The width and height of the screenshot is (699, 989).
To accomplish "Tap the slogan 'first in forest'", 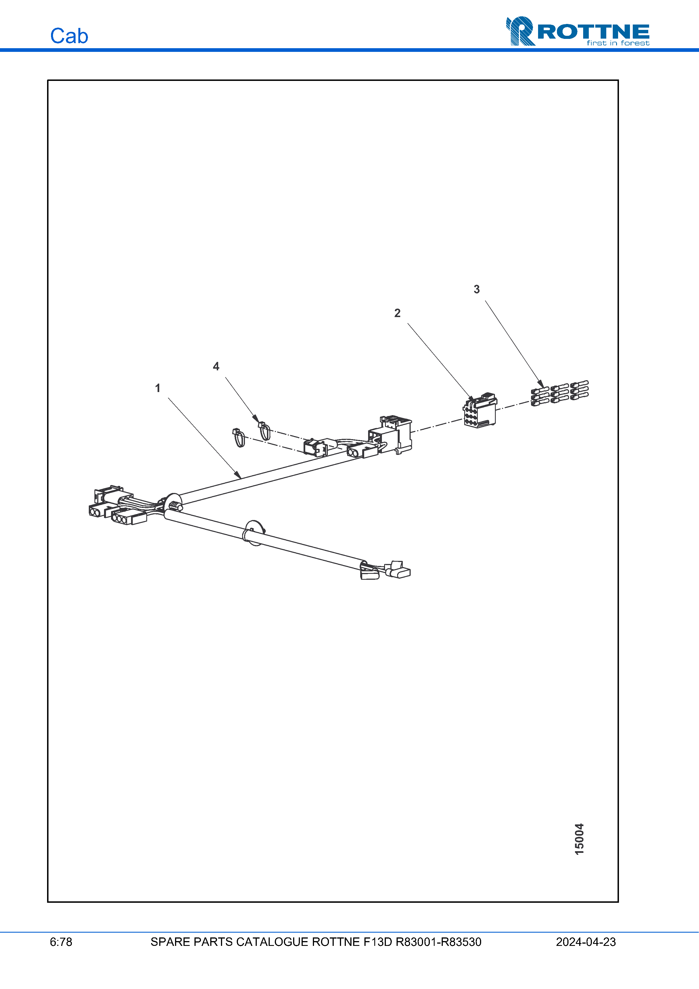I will pos(618,43).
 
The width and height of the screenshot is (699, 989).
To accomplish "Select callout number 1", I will pos(158,388).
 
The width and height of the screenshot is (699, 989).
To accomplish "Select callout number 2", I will pos(397,313).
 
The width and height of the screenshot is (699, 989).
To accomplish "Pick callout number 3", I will pos(476,289).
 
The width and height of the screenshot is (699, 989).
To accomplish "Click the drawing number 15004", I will pos(579,839).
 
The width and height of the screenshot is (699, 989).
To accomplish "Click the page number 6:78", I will pos(61,942).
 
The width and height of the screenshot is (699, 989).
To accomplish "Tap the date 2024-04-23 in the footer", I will pos(585,942).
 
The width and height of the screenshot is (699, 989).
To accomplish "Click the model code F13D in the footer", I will pos(377,942).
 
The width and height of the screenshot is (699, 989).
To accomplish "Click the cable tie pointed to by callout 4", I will pos(264,431).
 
